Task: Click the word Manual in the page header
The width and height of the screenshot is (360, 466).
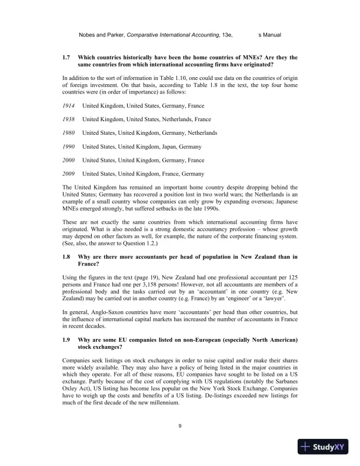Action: pos(272,35)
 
